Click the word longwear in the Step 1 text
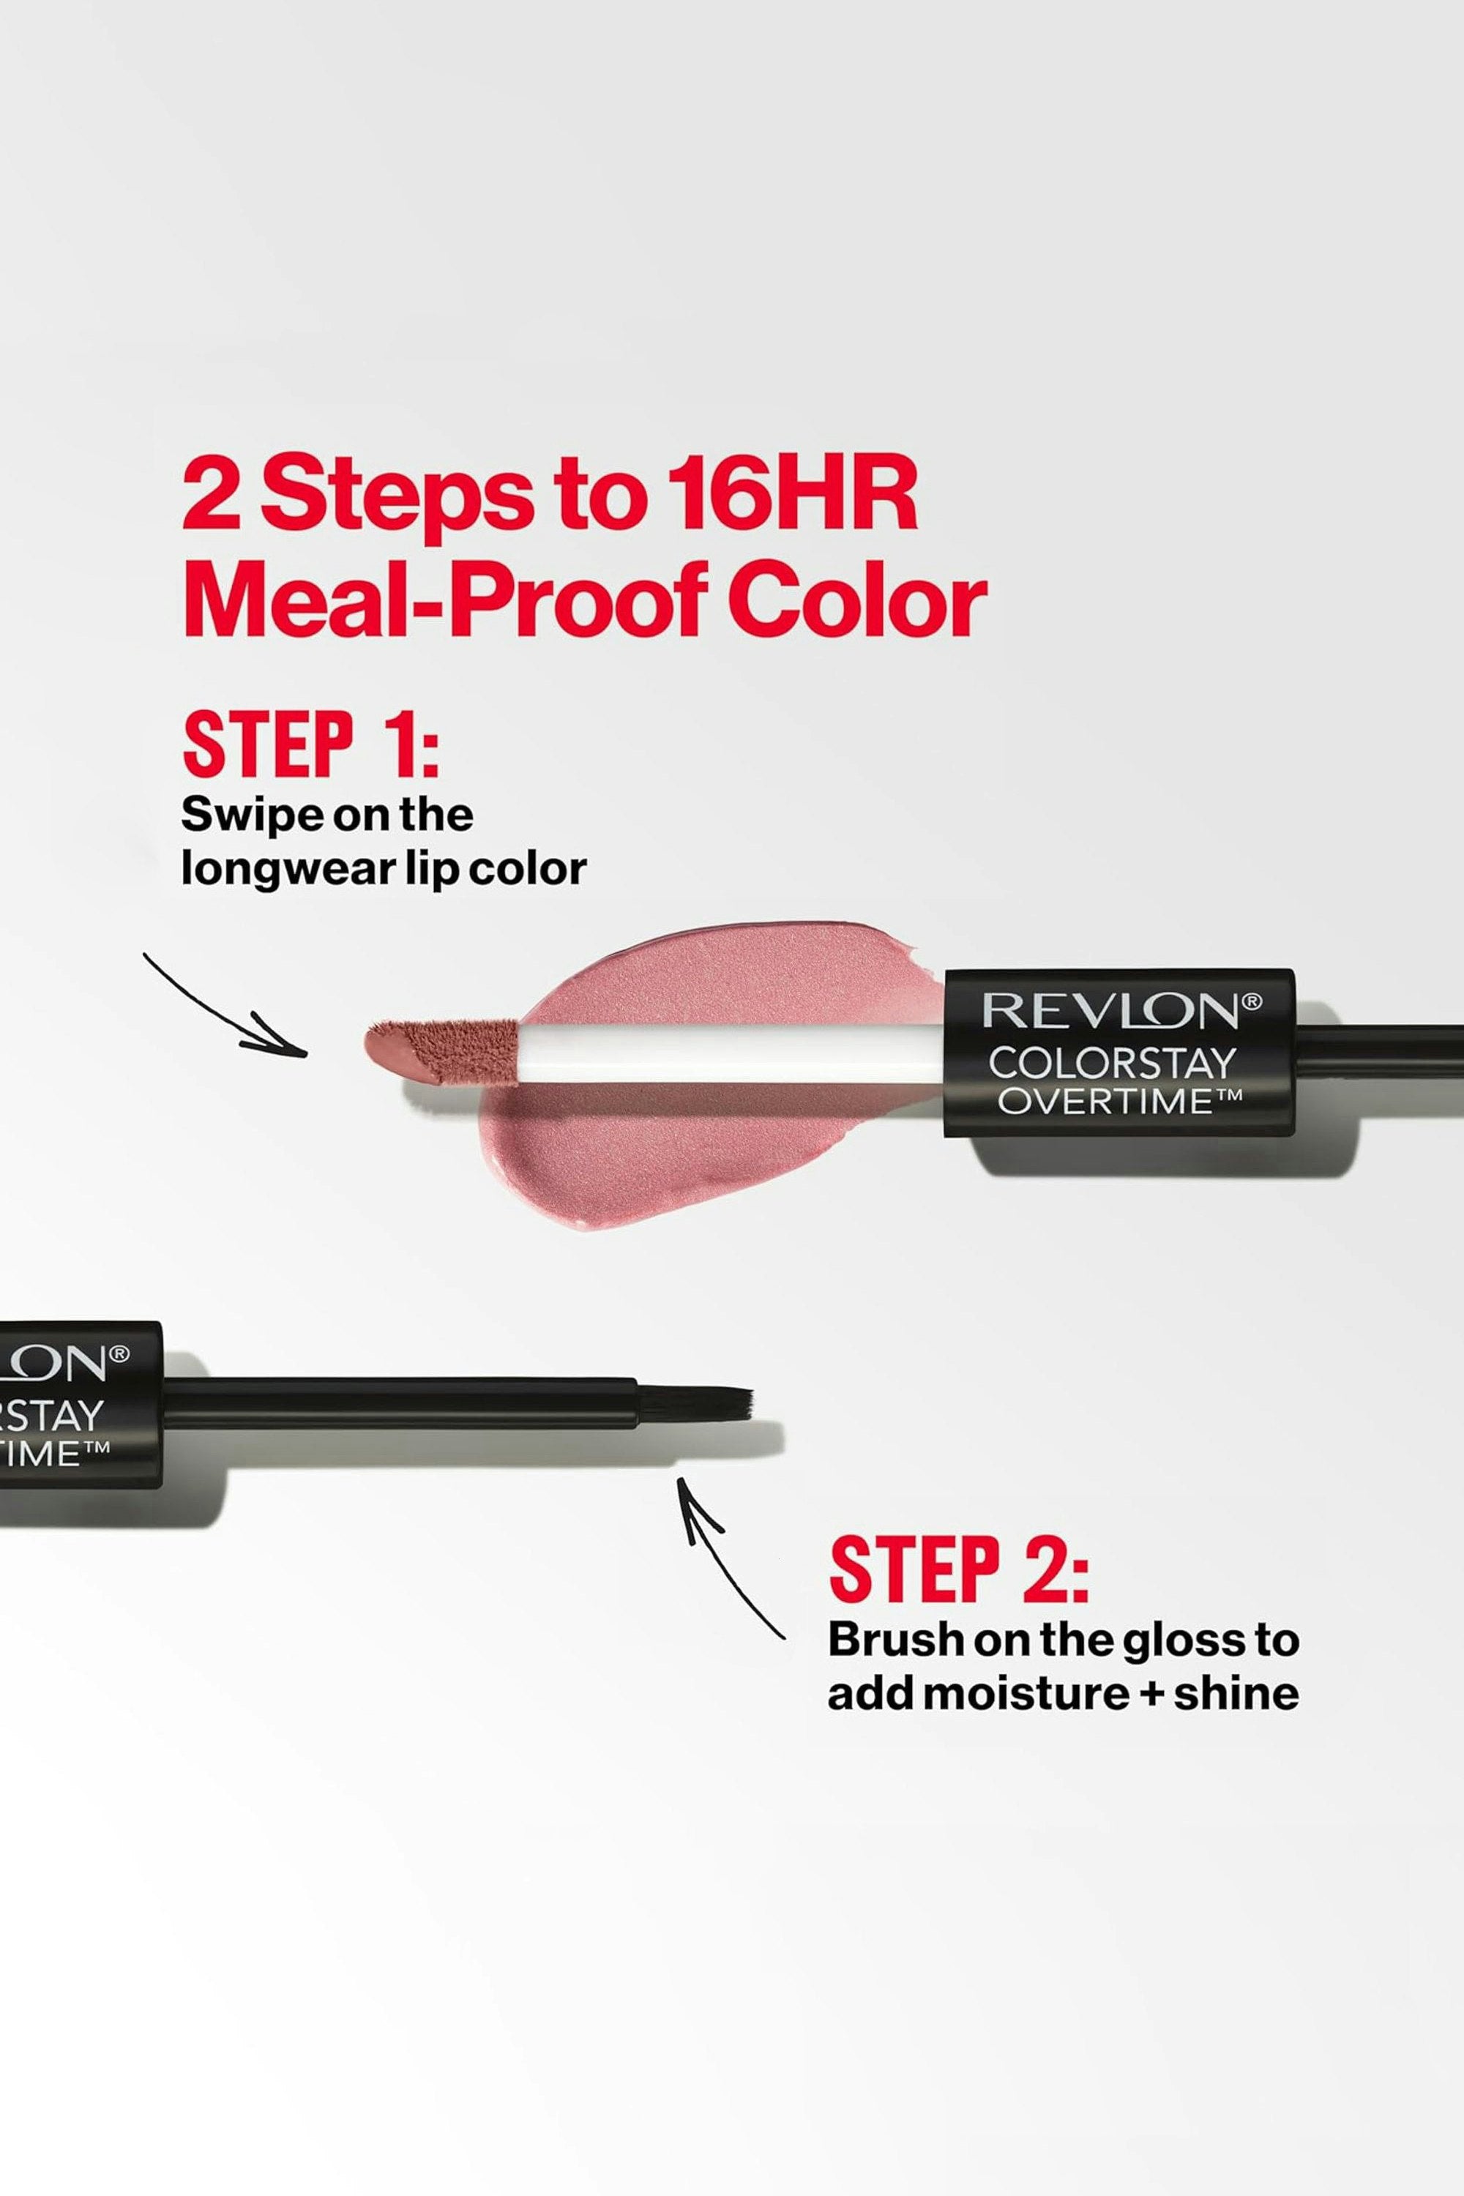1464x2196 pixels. point(312,870)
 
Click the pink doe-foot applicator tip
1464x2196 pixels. point(438,1050)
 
